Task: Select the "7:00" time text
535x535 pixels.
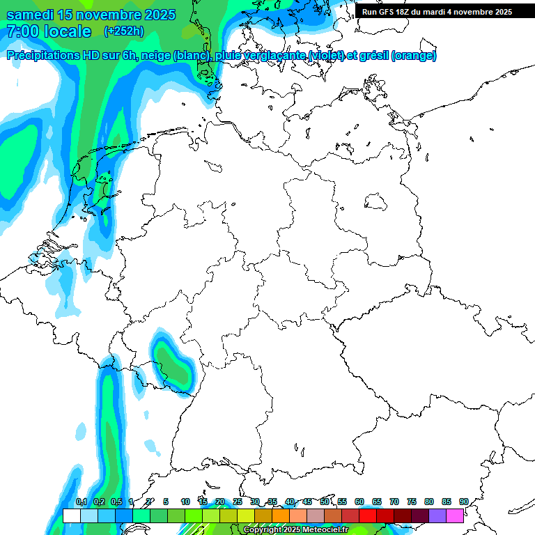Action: pos(22,31)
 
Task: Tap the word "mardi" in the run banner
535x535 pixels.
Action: pos(437,12)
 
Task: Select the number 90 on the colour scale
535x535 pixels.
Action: pos(463,502)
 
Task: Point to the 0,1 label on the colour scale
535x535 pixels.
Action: pos(81,502)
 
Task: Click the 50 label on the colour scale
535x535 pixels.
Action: pos(325,502)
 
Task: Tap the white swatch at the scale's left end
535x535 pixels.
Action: pos(71,515)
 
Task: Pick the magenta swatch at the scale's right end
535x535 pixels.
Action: pos(455,515)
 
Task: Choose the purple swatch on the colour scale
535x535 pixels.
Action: pos(437,515)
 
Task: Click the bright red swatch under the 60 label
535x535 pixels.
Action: pos(368,515)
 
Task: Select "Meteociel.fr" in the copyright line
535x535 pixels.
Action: pos(324,530)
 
